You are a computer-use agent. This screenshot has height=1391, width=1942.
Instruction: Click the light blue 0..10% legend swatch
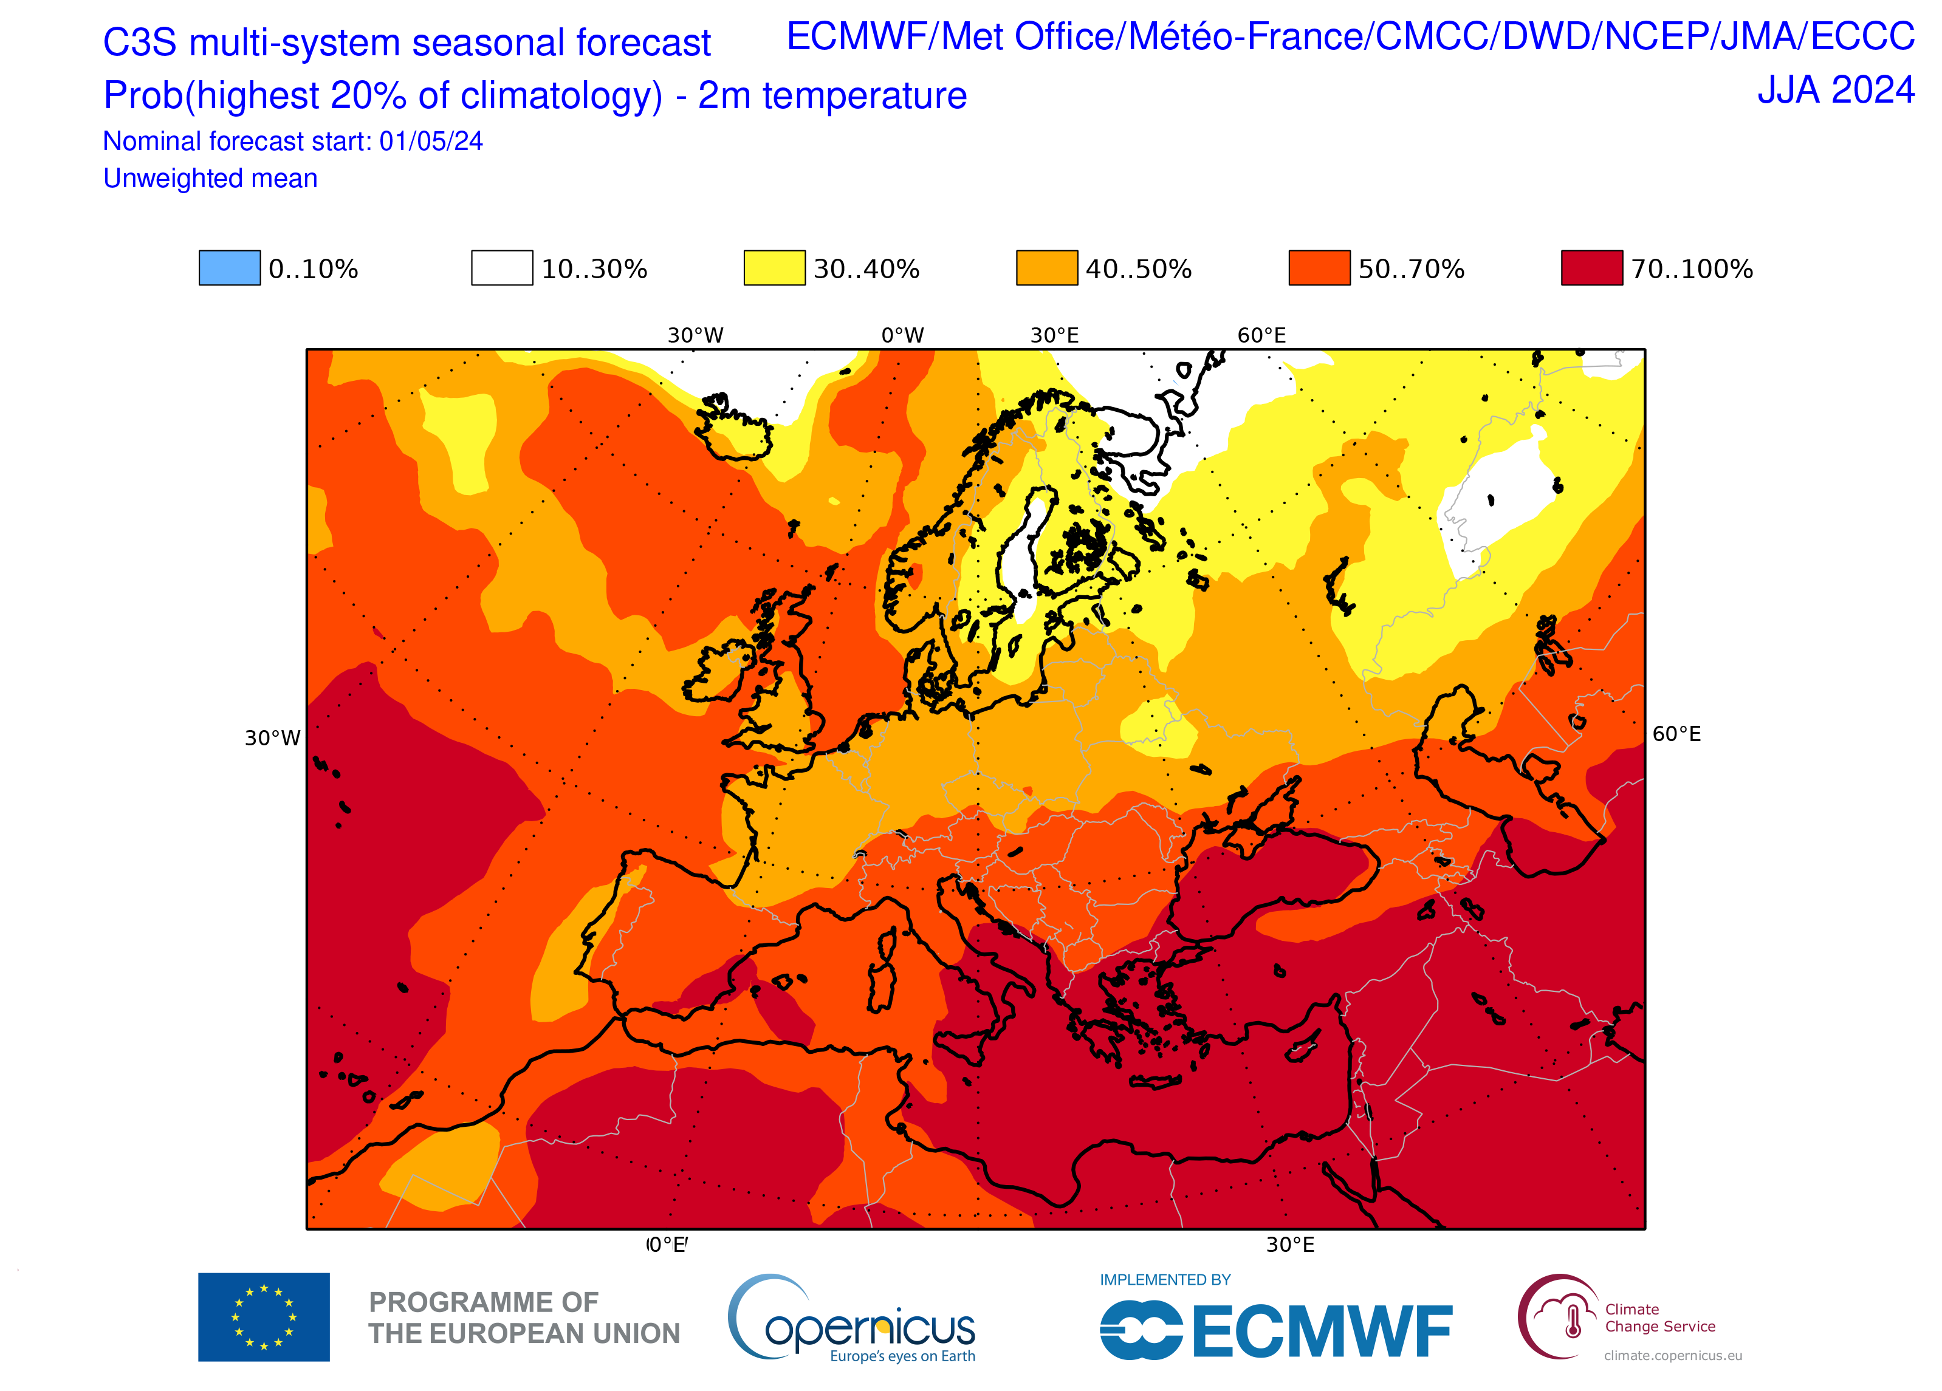230,268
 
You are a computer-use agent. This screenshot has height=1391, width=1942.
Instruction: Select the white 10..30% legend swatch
502,268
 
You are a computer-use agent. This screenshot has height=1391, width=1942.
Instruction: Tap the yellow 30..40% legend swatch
774,268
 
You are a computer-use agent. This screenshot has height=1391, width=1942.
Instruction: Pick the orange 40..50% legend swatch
1046,268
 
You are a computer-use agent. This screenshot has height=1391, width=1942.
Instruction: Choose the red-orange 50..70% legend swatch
1319,268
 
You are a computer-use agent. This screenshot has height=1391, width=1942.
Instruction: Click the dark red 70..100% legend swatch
1591,268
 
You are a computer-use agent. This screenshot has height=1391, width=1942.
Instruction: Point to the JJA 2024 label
1835,90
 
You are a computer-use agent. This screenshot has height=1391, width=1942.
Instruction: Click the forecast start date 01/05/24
431,142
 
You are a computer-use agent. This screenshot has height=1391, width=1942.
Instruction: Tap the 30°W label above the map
695,335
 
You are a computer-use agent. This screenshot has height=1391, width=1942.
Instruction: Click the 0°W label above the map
902,335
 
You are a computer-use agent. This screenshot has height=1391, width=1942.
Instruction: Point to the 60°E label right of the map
1676,734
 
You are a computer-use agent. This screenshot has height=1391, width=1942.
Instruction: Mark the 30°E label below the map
1289,1245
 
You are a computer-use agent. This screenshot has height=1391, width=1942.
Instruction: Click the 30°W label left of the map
272,738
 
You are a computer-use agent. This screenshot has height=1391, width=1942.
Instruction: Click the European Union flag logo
264,1316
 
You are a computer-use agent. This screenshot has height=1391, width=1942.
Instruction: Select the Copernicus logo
851,1318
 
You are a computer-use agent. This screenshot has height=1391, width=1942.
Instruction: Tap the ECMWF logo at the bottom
1276,1330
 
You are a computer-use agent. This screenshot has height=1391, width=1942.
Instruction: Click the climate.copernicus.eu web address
1672,1355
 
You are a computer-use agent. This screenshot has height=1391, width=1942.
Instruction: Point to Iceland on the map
735,428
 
